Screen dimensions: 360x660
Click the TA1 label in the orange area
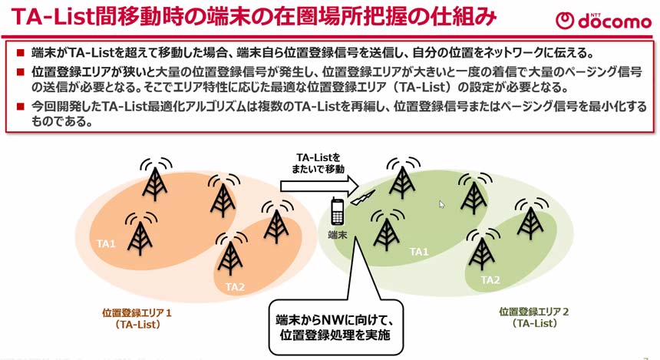click(x=106, y=244)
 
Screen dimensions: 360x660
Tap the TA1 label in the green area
click(x=419, y=251)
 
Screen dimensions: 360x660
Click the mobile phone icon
click(x=336, y=211)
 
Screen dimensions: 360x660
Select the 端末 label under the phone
click(x=338, y=233)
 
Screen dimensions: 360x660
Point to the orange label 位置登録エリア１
click(x=137, y=313)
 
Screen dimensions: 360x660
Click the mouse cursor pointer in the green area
click(x=441, y=204)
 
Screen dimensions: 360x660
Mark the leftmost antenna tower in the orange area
click(x=139, y=233)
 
